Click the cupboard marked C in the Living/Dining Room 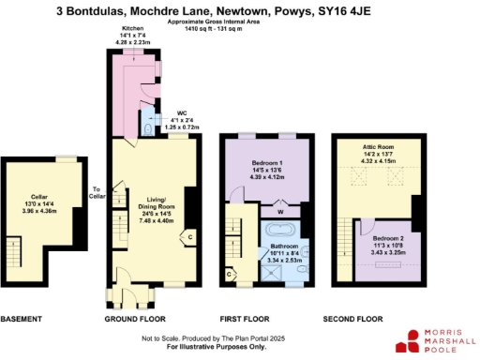pos(190,236)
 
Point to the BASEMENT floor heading pos(22,319)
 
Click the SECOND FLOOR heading pos(353,319)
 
